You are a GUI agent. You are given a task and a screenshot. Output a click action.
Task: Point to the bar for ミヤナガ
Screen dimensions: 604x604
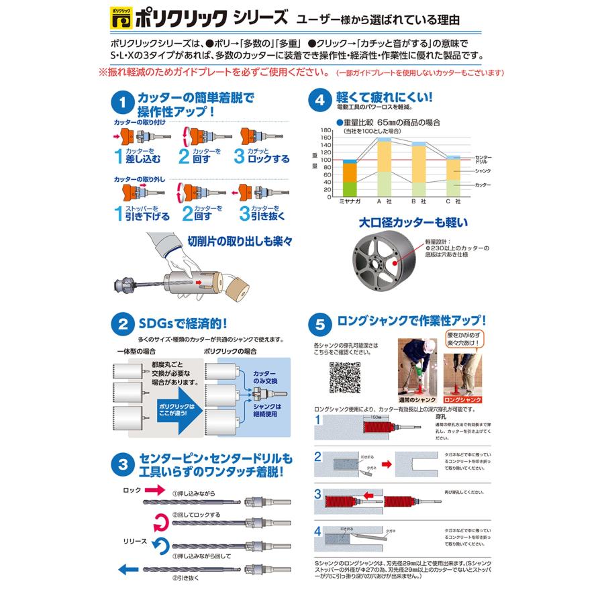point(350,179)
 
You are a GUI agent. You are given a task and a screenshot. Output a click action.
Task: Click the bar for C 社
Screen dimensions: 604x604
point(453,176)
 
